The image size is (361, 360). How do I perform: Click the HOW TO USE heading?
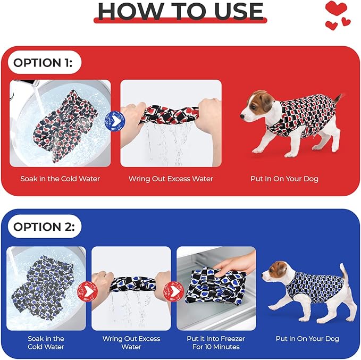point(181,11)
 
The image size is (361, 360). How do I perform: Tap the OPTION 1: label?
point(43,63)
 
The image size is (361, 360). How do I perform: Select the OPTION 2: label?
point(44,227)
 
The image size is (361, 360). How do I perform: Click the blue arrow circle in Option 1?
point(115,121)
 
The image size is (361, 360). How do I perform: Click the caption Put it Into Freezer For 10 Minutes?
point(216,343)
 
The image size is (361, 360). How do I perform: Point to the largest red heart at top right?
point(336,8)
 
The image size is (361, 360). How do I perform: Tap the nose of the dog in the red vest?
point(242,116)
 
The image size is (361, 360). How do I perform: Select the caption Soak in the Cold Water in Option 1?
point(60,179)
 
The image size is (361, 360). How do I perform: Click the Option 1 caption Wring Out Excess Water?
point(171,179)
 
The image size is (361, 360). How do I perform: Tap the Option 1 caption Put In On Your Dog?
point(284,179)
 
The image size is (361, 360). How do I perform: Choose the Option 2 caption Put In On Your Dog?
point(307,339)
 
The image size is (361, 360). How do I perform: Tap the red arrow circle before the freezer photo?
point(173,291)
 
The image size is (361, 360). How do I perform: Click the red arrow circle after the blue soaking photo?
point(87,291)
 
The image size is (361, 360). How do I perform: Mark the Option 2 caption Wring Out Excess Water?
point(131,343)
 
